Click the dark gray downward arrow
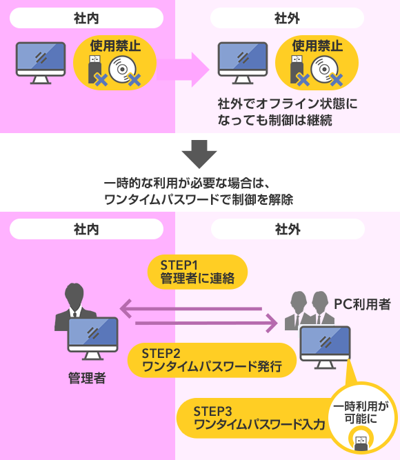point(199,154)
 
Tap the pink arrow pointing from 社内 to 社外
point(183,70)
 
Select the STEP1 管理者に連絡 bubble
point(197,272)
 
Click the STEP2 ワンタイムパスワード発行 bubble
point(212,360)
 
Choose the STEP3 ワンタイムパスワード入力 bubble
point(255,418)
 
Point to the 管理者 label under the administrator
point(87,378)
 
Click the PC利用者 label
point(363,304)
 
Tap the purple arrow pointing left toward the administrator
point(191,309)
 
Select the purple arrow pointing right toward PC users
point(206,323)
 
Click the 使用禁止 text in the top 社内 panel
point(115,46)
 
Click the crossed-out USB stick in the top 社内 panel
point(97,70)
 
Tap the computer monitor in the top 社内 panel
point(41,63)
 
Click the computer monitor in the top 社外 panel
point(243,63)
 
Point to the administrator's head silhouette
point(74,295)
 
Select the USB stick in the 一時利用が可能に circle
point(361,443)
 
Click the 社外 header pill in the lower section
point(288,229)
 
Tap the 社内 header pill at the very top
point(86,18)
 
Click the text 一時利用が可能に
point(361,412)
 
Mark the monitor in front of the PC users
point(325,348)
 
